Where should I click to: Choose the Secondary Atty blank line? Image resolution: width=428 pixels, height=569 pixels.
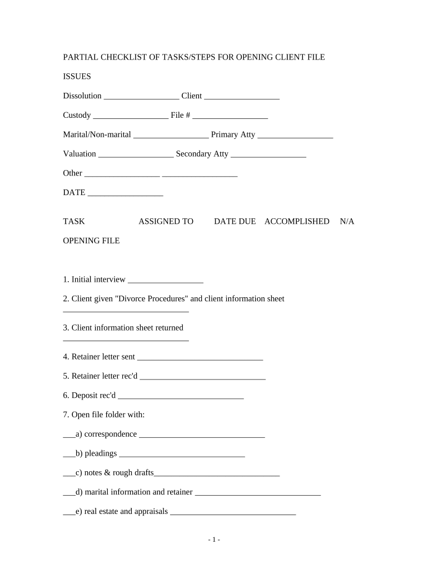coord(268,156)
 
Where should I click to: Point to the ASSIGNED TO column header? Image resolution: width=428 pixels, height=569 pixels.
coord(166,221)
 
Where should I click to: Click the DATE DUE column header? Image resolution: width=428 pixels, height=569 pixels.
coord(235,221)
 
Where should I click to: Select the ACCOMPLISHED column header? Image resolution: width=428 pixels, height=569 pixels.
coord(297,221)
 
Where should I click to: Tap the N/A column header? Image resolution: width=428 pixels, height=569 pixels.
coord(347,221)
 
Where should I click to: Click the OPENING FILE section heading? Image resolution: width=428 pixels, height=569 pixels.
coord(91,241)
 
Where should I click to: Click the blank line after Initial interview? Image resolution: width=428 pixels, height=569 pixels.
coord(165,282)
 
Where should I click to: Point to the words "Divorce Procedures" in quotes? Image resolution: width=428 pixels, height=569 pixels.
coord(150,298)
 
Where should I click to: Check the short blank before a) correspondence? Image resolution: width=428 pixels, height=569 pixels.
coord(69,436)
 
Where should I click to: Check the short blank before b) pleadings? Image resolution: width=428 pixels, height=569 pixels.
coord(69,456)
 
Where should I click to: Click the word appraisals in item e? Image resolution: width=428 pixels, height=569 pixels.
coord(148,511)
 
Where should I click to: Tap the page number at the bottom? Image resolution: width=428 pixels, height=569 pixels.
coord(214,540)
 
